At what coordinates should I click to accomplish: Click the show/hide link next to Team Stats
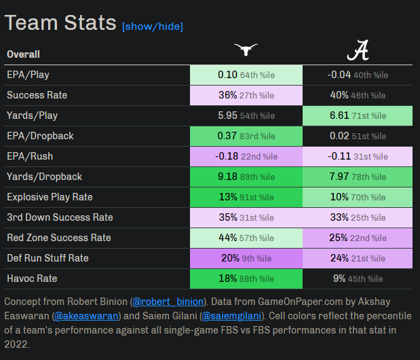153,26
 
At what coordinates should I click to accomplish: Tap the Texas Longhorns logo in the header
246,50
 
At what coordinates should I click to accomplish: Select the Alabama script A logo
358,50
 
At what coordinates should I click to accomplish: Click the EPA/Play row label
28,75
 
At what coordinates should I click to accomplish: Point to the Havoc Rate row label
32,278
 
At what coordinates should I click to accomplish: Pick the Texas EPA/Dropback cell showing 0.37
246,136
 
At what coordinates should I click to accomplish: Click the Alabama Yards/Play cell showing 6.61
358,115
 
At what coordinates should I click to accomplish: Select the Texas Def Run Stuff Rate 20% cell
246,258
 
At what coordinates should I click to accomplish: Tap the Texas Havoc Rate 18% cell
246,278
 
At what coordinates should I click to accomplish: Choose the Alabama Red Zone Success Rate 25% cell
358,238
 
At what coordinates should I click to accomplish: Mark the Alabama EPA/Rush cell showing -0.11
358,156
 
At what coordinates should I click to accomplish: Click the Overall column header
23,54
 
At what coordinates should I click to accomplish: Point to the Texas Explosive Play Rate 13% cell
246,197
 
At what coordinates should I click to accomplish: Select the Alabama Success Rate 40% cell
358,95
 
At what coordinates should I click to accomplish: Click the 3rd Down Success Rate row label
60,217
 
